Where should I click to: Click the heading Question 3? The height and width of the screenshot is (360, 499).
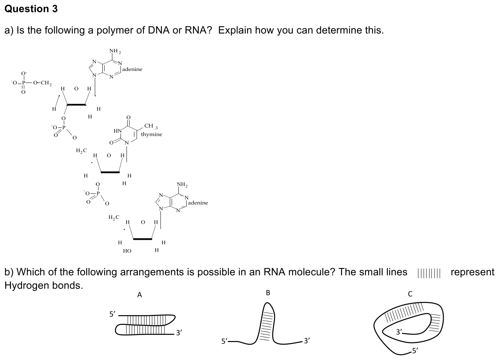(31, 9)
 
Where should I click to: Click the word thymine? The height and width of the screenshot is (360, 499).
(152, 134)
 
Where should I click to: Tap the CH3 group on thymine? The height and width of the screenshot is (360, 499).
(151, 126)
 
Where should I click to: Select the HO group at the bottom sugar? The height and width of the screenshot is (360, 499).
(127, 251)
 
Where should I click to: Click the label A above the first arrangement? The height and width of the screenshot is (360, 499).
(140, 295)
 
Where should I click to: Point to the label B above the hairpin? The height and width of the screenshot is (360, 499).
(268, 293)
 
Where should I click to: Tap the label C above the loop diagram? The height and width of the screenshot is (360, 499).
(410, 294)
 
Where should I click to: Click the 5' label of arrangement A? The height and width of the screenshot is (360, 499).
(112, 314)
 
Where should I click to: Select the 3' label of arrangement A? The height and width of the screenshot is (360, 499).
(179, 333)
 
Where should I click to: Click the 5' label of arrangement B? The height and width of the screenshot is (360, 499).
(224, 341)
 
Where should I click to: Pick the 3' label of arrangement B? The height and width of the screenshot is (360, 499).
(307, 341)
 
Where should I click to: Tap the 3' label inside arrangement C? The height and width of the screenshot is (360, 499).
(399, 332)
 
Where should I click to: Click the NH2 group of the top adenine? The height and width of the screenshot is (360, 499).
(115, 51)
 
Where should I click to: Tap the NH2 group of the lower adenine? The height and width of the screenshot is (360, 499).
(182, 184)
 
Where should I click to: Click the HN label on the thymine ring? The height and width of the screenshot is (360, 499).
(118, 131)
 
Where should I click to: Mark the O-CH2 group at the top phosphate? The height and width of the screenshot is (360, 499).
(42, 83)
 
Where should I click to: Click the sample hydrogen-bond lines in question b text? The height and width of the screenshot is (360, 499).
(429, 273)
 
